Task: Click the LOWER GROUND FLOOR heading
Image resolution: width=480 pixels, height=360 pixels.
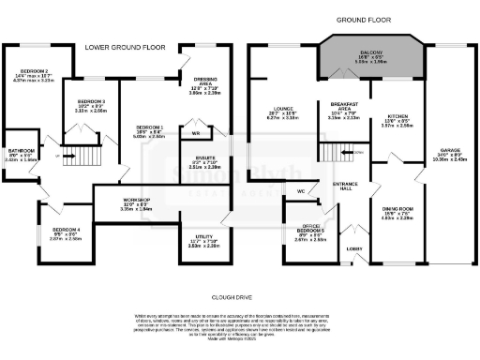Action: point(127,46)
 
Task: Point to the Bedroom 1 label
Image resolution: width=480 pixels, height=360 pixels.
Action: point(151,130)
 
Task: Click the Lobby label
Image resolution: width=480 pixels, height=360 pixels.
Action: point(355,248)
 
